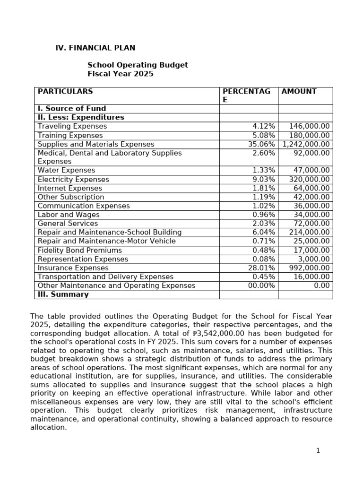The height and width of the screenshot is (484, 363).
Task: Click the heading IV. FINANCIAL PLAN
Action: (x=95, y=48)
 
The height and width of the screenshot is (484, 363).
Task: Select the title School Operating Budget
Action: (x=138, y=65)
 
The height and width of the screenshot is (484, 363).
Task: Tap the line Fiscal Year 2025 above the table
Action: (x=120, y=74)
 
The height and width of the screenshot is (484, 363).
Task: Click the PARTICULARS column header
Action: (x=65, y=92)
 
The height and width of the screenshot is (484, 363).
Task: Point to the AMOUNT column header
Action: (x=299, y=92)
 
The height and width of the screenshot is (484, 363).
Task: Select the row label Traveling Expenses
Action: (x=72, y=126)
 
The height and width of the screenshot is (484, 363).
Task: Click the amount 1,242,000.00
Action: (x=306, y=144)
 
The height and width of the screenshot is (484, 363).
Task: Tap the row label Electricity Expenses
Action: (x=73, y=180)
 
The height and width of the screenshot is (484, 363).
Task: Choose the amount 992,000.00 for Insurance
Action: (x=310, y=268)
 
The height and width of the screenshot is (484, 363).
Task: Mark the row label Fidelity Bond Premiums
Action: (x=79, y=251)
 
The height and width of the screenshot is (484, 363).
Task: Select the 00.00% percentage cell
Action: (x=261, y=285)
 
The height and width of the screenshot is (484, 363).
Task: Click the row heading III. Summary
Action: (x=63, y=294)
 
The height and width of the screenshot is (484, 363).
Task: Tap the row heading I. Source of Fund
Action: (x=72, y=108)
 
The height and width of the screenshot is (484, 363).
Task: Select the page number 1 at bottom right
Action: (x=318, y=450)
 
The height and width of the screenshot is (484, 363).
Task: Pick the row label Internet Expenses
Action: (x=69, y=188)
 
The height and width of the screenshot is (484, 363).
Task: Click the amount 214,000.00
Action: (x=310, y=233)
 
